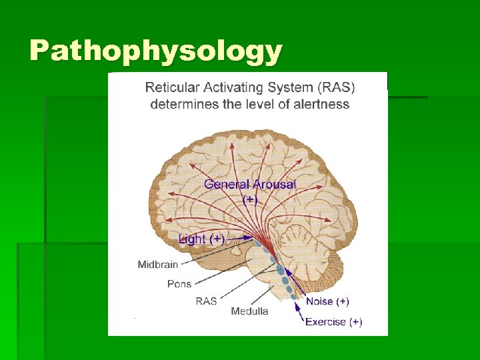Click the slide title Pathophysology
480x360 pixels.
click(155, 51)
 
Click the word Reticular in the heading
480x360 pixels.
click(171, 87)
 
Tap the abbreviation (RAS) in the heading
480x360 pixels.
click(336, 87)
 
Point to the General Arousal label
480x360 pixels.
click(250, 184)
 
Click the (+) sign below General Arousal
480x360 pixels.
click(250, 199)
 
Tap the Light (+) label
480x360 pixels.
click(201, 239)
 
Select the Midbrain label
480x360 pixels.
click(157, 265)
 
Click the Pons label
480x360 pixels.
click(179, 283)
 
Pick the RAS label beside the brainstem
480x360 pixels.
click(206, 301)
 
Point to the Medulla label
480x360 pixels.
click(249, 311)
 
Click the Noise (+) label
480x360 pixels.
click(327, 301)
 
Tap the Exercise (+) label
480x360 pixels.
click(333, 322)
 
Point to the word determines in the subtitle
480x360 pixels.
click(178, 104)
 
